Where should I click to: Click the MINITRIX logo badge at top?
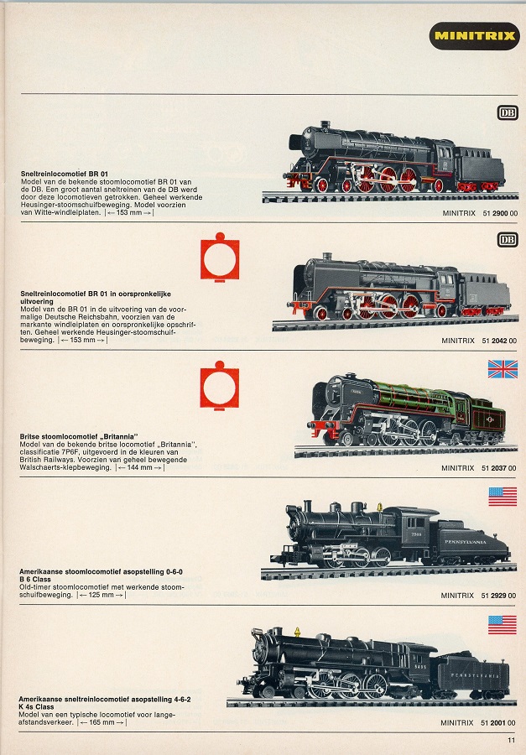[475, 35]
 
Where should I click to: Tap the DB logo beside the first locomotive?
[508, 112]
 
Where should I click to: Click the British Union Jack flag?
[503, 369]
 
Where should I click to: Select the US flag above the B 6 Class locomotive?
[503, 497]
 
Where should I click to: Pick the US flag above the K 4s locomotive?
[502, 624]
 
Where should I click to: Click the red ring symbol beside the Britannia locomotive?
[220, 385]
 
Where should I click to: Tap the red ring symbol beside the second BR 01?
[220, 258]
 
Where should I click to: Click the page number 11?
[511, 740]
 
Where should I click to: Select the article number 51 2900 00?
[500, 213]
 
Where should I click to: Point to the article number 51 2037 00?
[499, 467]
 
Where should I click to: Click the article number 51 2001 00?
[498, 723]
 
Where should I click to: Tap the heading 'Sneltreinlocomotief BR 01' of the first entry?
[65, 174]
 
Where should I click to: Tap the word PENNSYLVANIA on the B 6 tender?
[465, 542]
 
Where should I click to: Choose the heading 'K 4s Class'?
[37, 707]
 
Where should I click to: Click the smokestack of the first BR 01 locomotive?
[325, 125]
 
